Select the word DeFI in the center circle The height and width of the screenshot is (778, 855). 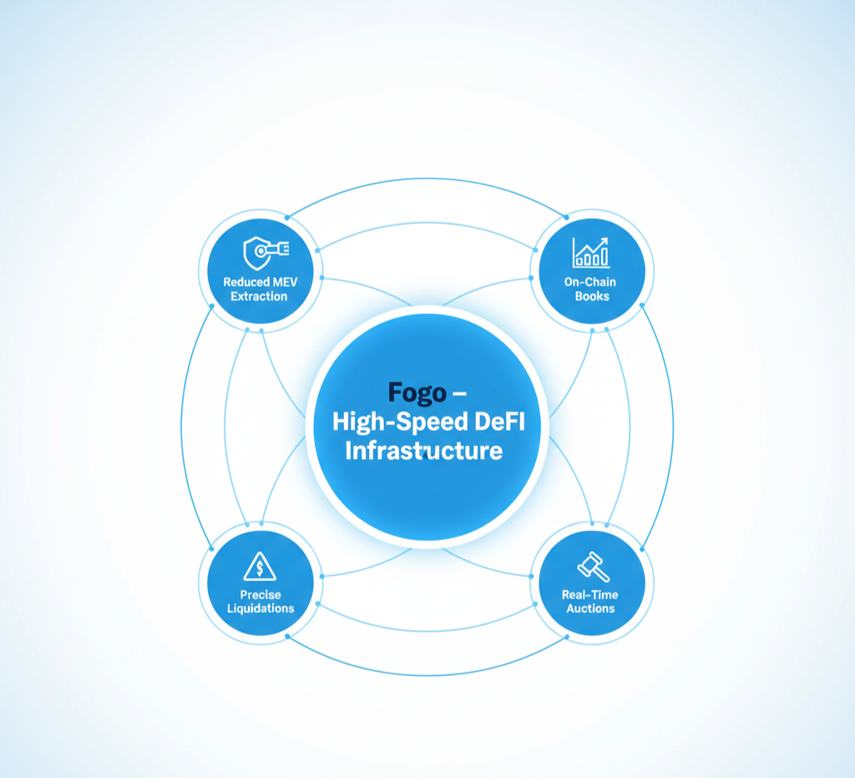tap(496, 422)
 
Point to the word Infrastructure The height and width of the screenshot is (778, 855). tap(424, 452)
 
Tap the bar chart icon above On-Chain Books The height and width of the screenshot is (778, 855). tap(591, 251)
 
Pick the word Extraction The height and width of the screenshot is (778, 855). tap(259, 296)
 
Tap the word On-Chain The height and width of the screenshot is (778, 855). tap(591, 282)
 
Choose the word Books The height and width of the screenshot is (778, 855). tap(591, 296)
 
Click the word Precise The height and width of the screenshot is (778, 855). tap(261, 594)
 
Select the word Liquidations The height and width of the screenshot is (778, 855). tap(261, 609)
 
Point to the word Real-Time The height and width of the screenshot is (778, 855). tap(591, 594)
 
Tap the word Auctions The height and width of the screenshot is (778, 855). tap(591, 609)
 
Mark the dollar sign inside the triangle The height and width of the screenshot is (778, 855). tap(261, 570)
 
